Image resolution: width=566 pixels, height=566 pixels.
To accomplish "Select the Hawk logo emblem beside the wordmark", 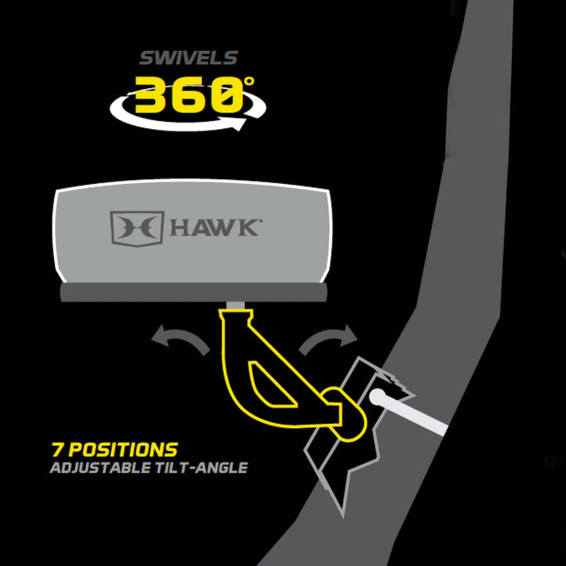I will click(x=137, y=226).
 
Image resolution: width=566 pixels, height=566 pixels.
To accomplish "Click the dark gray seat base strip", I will click(x=193, y=292).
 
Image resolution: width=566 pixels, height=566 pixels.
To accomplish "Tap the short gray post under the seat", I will click(x=233, y=304).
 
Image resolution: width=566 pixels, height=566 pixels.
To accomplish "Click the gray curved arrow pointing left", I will click(x=182, y=340).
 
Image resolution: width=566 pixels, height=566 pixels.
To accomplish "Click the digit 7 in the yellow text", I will click(x=57, y=450).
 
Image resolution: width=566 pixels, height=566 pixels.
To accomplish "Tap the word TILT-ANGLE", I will click(x=208, y=469).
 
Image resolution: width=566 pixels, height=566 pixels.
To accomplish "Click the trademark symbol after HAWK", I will click(x=260, y=222).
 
